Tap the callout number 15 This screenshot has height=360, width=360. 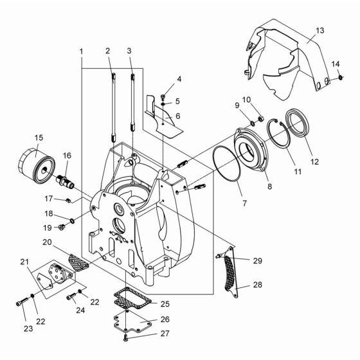point(39,137)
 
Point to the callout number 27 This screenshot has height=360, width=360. point(166,334)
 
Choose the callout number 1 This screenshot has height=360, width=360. point(82,51)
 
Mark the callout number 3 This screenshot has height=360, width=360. point(130,51)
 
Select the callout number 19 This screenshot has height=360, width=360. point(46,227)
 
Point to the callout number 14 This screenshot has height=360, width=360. point(335,64)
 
